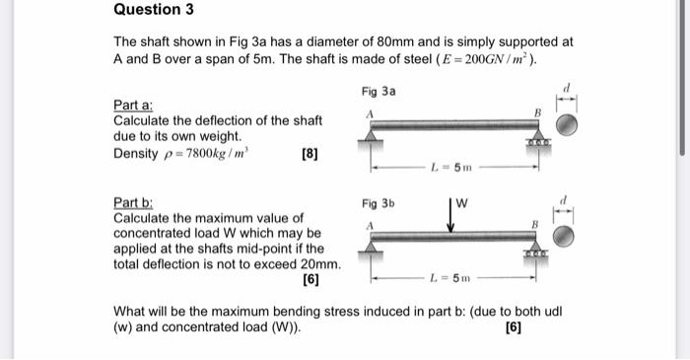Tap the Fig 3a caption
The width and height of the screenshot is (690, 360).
[378, 91]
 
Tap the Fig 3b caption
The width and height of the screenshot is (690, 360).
[378, 205]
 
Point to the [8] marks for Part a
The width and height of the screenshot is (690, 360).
[308, 155]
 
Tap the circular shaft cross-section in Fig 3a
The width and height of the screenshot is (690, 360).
[568, 124]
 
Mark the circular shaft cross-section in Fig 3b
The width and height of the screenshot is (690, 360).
[568, 236]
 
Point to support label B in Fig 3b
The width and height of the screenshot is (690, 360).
[535, 226]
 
